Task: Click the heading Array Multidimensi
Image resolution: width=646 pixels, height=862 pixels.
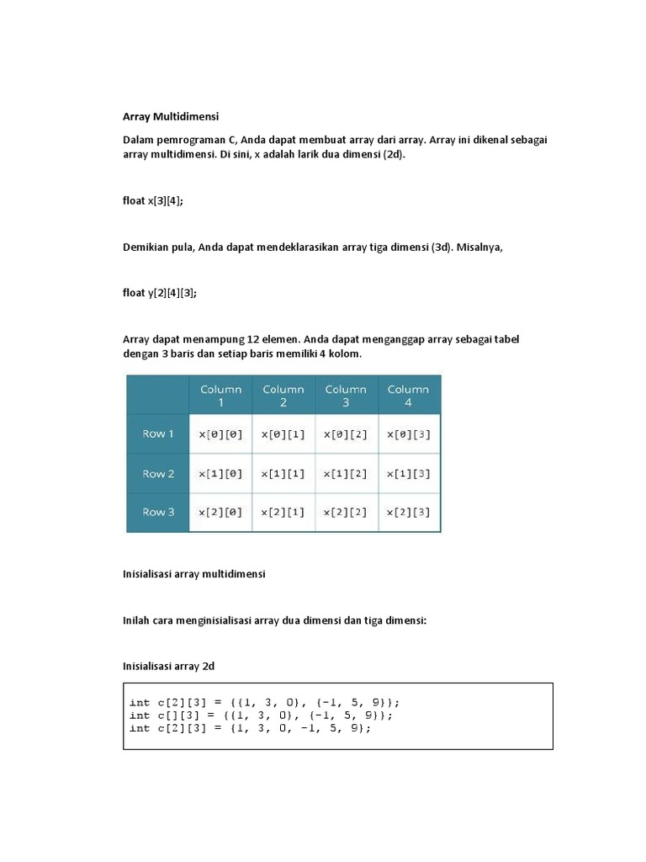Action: point(171,117)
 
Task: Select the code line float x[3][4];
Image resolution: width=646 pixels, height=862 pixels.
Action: point(153,200)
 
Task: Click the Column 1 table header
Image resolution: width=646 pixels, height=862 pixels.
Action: point(220,396)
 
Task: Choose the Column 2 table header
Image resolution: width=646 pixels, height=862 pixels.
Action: point(283,396)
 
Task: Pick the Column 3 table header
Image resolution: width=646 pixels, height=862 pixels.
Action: point(346,396)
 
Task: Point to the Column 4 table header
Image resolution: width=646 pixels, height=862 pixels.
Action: point(409,396)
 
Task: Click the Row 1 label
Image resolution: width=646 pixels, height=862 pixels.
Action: point(158,434)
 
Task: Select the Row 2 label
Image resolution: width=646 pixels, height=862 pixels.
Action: point(158,473)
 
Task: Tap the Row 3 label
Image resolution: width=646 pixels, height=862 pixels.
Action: point(158,512)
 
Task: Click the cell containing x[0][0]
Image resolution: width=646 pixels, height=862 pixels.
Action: point(220,434)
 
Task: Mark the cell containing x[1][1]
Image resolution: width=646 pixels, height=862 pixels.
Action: point(283,474)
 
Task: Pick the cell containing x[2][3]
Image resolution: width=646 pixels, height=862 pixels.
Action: point(409,513)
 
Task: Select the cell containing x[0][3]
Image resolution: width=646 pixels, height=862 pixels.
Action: point(409,434)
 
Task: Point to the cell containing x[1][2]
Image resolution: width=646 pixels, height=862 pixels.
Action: point(346,474)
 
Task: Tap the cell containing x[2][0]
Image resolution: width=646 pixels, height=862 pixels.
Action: point(220,513)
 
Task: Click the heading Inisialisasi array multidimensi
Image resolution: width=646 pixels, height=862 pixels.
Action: point(194,573)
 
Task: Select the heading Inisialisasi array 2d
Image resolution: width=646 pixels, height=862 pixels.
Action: point(169,666)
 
